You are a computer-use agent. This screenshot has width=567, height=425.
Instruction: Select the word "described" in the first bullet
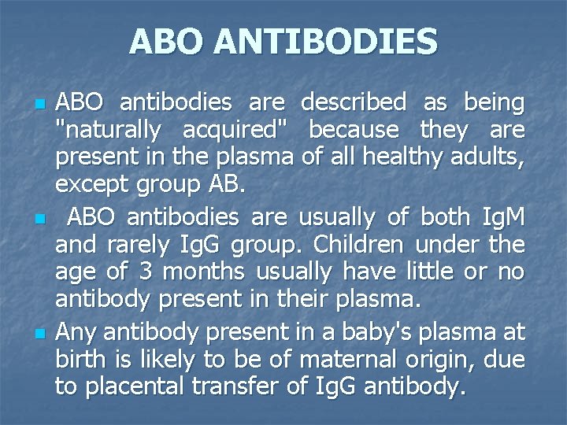pos(354,102)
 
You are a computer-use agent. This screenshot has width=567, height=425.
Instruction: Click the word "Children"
pos(365,245)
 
